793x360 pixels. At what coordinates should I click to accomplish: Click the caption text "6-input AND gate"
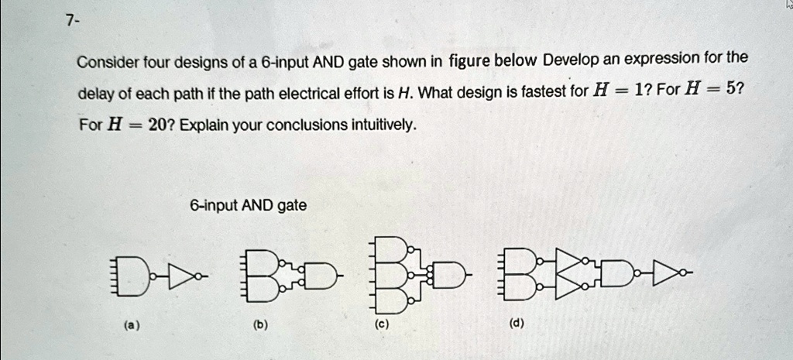tap(248, 205)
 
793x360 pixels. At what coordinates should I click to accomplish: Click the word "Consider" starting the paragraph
tap(107, 61)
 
